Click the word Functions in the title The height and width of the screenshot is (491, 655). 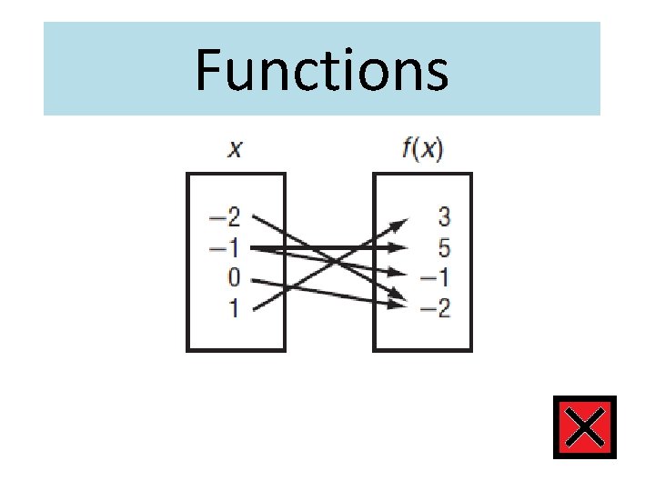point(321,71)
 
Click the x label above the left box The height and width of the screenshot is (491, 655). point(235,149)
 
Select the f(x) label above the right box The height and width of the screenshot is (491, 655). point(422,149)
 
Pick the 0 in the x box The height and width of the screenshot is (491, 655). point(234,278)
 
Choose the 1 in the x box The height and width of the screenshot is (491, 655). point(234,308)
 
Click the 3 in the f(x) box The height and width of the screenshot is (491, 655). point(444,217)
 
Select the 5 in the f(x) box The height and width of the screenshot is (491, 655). point(444,247)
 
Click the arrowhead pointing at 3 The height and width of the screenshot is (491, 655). point(401,224)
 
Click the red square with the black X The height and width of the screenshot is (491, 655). point(584,427)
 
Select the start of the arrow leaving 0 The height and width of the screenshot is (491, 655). point(253,278)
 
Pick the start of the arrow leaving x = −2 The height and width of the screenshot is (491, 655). point(253,216)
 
